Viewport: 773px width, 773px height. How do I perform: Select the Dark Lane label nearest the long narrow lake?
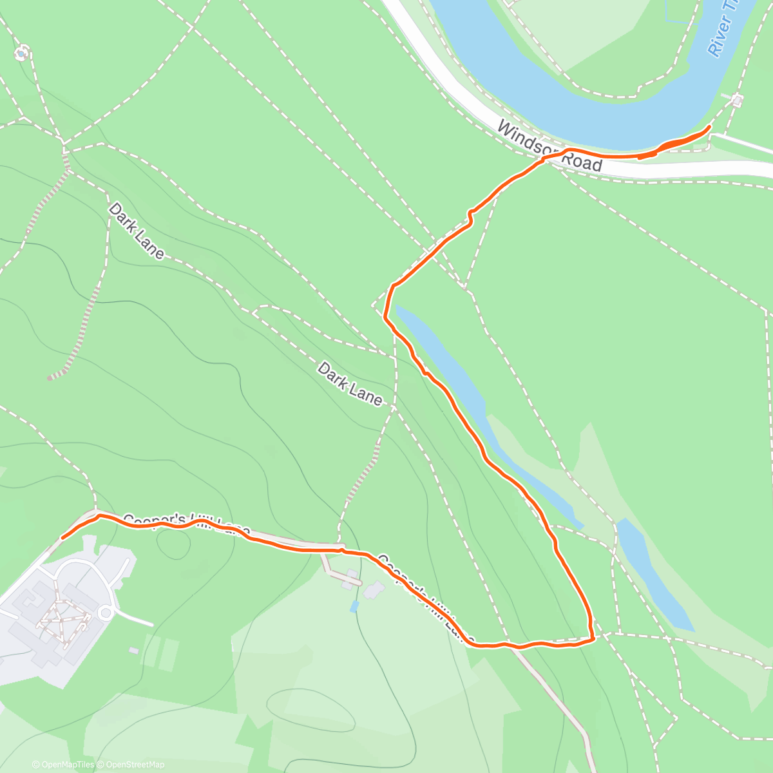pyautogui.click(x=350, y=383)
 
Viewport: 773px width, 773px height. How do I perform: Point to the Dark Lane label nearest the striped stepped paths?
pyautogui.click(x=137, y=230)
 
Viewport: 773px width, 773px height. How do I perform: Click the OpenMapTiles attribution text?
pyautogui.click(x=63, y=765)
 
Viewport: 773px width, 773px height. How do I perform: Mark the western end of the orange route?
pyautogui.click(x=62, y=537)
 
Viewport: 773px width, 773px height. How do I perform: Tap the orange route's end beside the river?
pyautogui.click(x=709, y=128)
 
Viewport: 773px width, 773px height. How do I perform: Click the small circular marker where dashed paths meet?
pyautogui.click(x=22, y=53)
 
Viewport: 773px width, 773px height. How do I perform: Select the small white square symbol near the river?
pyautogui.click(x=737, y=100)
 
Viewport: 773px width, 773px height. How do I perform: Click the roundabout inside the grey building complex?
pyautogui.click(x=106, y=612)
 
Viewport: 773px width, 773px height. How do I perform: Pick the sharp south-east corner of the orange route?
pyautogui.click(x=591, y=638)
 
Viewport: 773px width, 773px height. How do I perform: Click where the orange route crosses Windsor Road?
pyautogui.click(x=553, y=156)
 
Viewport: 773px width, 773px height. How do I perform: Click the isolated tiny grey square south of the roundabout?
pyautogui.click(x=133, y=651)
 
